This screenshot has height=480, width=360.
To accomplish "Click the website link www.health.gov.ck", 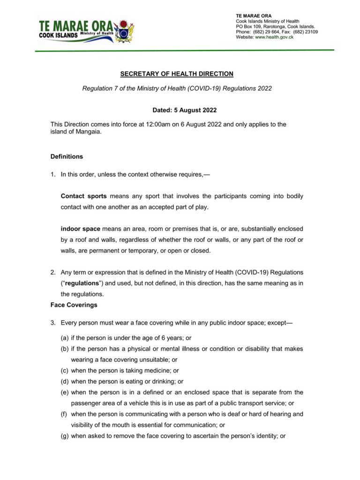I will pyautogui.click(x=274, y=37).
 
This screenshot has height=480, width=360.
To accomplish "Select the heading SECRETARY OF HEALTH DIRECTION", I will pyautogui.click(x=177, y=74).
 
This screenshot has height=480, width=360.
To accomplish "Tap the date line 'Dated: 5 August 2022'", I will pyautogui.click(x=184, y=111).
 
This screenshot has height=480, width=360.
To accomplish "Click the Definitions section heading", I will pyautogui.click(x=67, y=157).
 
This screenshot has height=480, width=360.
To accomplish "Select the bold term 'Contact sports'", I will pyautogui.click(x=83, y=196).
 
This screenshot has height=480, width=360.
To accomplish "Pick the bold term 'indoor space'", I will pyautogui.click(x=80, y=229).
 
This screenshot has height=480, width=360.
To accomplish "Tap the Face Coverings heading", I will pyautogui.click(x=74, y=305).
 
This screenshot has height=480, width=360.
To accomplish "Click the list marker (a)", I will pyautogui.click(x=65, y=337).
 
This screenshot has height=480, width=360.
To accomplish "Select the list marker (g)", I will pyautogui.click(x=65, y=436).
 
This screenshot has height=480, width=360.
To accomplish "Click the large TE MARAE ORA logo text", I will pyautogui.click(x=75, y=26).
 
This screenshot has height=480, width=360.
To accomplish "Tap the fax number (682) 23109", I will pyautogui.click(x=306, y=32).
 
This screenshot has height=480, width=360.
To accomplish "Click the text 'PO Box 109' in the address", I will pyautogui.click(x=248, y=27).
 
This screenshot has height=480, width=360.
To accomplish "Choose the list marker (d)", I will pyautogui.click(x=65, y=382).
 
